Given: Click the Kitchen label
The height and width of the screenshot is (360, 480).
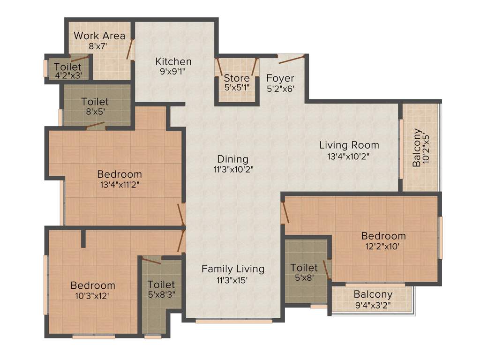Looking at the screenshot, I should tap(173, 61).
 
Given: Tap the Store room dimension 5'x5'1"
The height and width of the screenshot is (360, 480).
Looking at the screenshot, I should tap(236, 87).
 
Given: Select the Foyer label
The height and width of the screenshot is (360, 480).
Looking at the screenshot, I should tap(280, 78).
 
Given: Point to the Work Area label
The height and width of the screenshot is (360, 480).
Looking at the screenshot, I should tap(99, 36).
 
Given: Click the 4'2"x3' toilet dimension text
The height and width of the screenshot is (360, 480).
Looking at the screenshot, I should tap(67, 75).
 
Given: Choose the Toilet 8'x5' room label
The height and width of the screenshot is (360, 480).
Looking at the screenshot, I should tap(95, 101).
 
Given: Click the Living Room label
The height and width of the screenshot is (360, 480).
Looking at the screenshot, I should tap(349, 145).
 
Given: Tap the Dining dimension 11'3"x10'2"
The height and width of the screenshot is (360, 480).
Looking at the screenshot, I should tap(233, 170).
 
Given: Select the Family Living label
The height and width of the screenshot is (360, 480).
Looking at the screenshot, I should tap(233, 269).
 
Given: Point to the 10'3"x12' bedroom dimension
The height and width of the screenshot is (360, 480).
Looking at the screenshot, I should tap(93, 296).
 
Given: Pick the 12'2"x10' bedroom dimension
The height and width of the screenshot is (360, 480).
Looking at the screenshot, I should tap(383, 246).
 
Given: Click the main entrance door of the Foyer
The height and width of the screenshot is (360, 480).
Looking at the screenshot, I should tap(292, 59).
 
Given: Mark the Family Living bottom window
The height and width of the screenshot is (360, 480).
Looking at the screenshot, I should tap(234, 322).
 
